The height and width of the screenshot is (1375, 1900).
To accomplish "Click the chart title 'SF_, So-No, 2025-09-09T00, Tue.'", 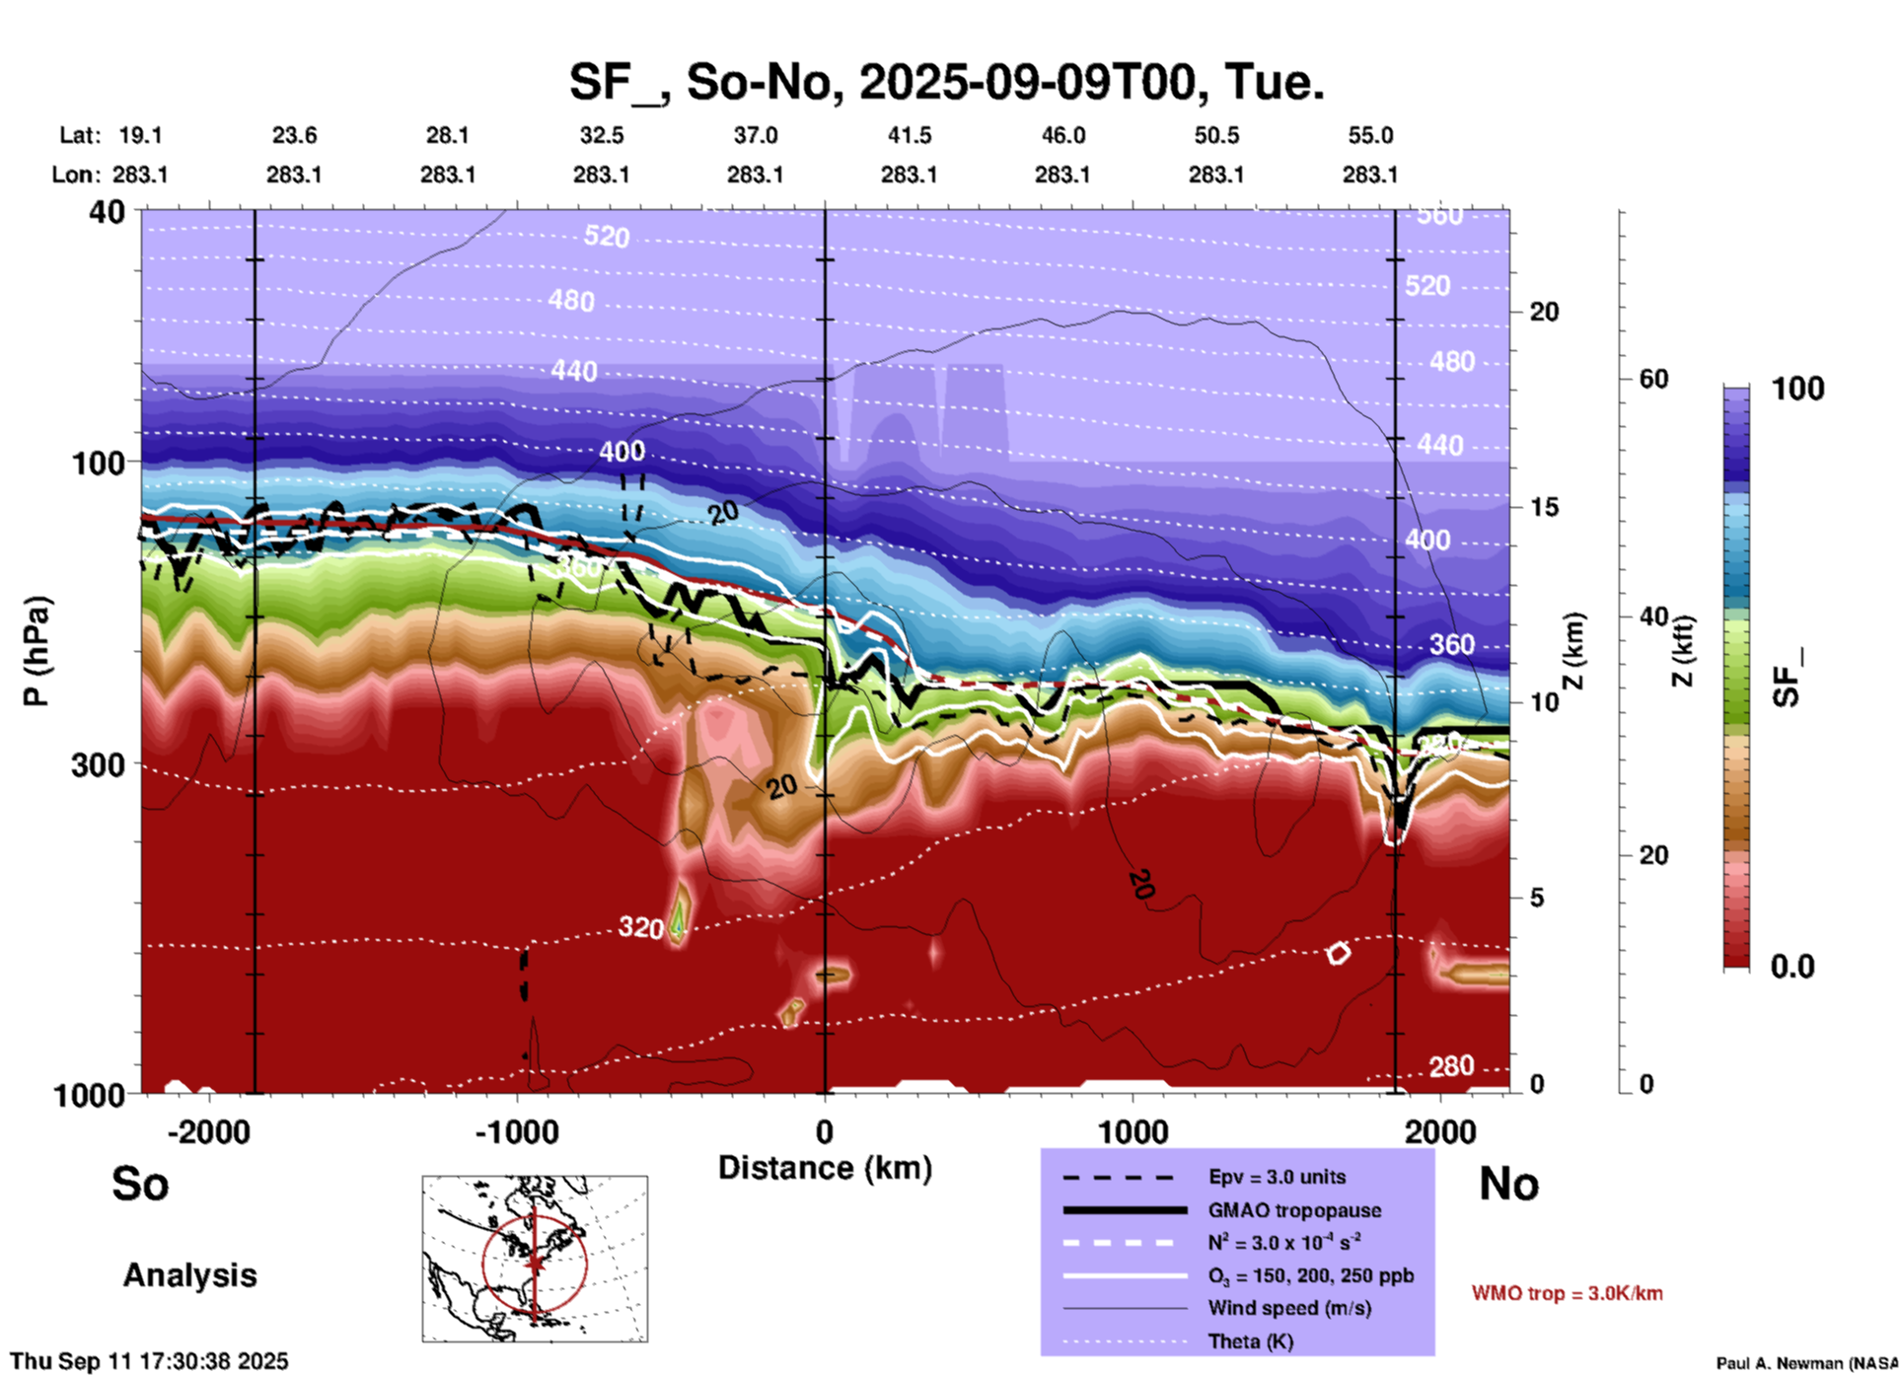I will click(x=946, y=82).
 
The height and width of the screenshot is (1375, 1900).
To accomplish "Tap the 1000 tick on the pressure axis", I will click(x=98, y=1095).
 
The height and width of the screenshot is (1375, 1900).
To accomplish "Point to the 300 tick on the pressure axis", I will click(x=98, y=764).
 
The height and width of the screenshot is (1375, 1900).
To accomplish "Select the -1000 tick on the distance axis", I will click(x=517, y=1131).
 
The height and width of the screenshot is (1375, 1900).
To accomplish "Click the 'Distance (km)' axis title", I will click(x=825, y=1168).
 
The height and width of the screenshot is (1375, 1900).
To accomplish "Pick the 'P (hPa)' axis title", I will click(x=37, y=651).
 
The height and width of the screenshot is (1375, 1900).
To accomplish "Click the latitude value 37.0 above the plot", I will click(x=755, y=135).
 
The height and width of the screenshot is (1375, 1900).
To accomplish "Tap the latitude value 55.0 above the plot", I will click(x=1370, y=135).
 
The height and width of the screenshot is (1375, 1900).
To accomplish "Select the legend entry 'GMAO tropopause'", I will click(x=1294, y=1210).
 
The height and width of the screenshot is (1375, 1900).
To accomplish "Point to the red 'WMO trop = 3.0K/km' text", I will click(x=1567, y=1293).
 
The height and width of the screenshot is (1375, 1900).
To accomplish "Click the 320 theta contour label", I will click(x=640, y=927).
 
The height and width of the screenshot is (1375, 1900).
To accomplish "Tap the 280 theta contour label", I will click(x=1451, y=1066).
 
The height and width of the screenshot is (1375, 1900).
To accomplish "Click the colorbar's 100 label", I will click(x=1797, y=389).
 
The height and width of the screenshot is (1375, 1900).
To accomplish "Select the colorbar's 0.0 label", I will click(x=1791, y=966).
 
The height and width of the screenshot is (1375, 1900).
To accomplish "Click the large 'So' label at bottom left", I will click(x=140, y=1184).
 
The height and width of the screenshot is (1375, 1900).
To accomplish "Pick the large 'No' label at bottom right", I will click(x=1508, y=1184).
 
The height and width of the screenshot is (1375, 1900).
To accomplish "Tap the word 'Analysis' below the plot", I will click(x=189, y=1275).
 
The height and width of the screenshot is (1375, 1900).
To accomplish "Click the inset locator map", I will click(x=535, y=1259).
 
